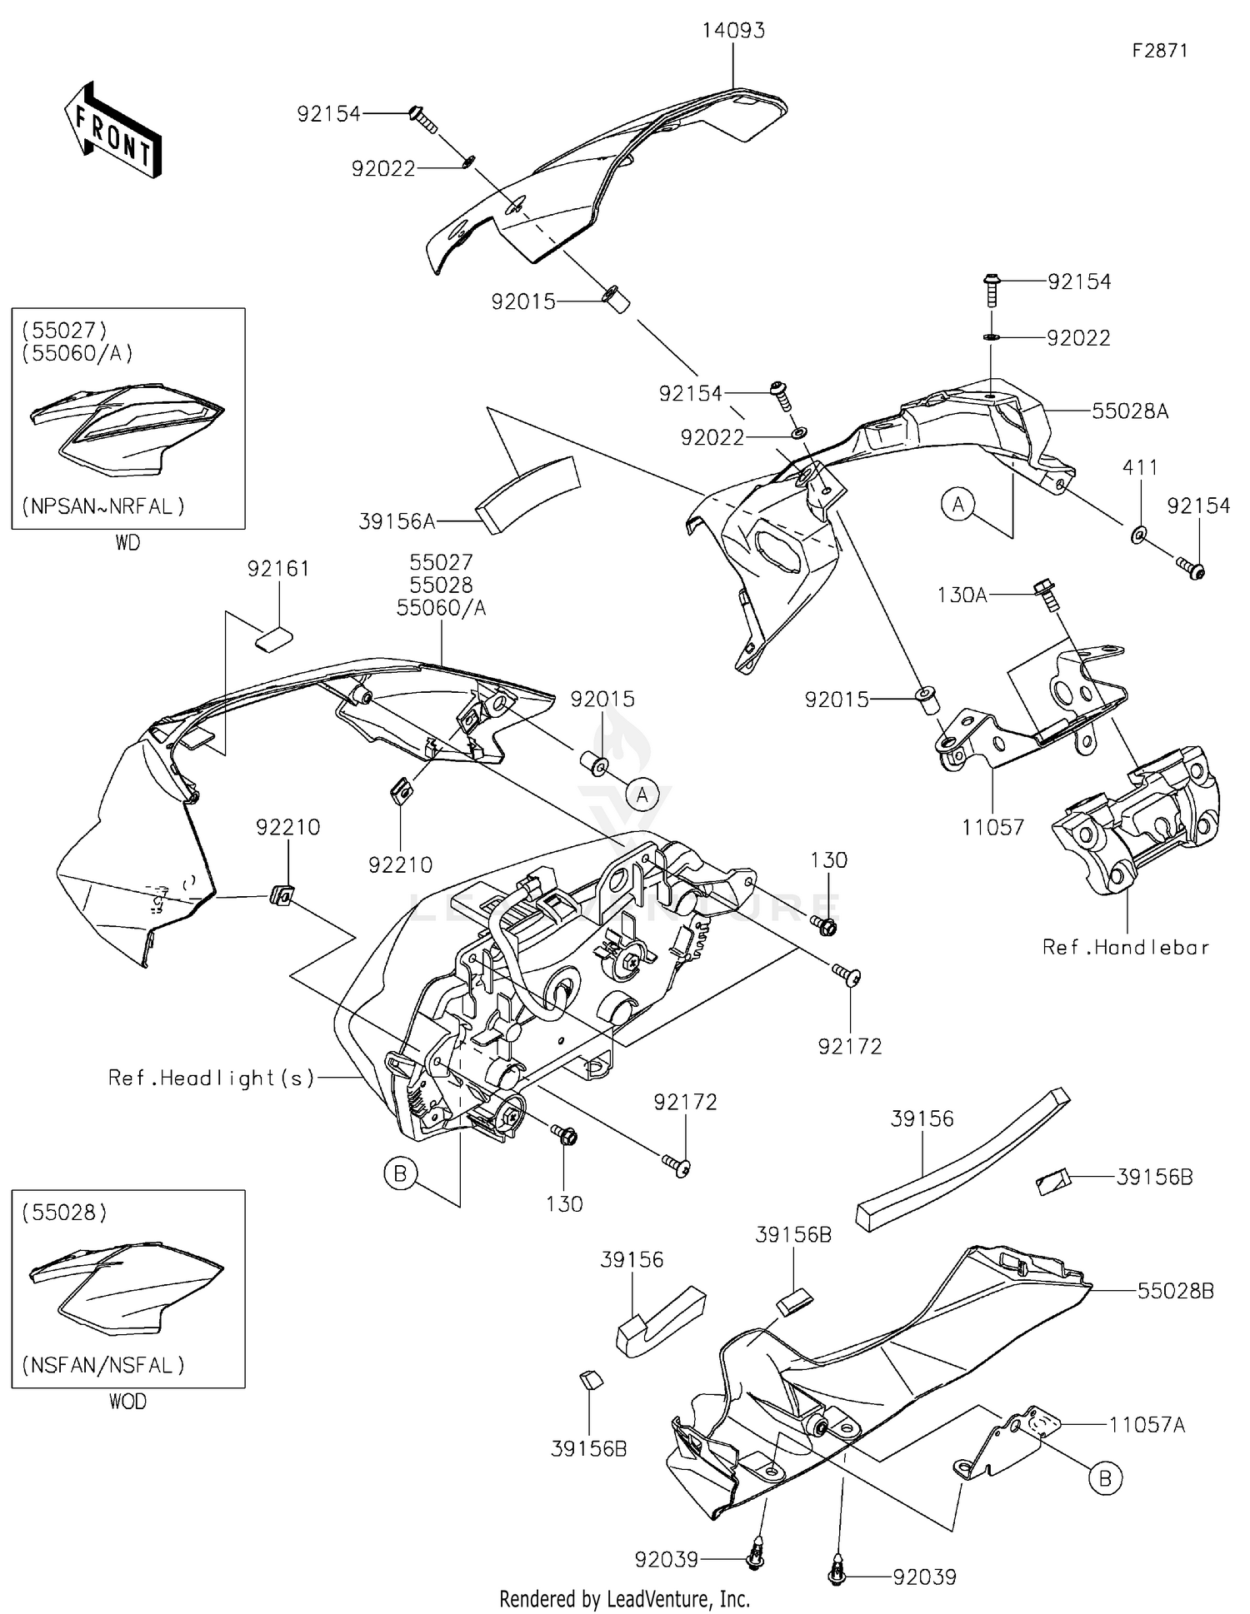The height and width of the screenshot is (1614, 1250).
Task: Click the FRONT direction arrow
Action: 112,132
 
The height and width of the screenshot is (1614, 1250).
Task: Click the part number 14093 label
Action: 732,31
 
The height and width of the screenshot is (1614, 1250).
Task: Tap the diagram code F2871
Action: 1159,51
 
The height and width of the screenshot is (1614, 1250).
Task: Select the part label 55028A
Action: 1129,411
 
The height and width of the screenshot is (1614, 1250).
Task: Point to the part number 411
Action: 1139,468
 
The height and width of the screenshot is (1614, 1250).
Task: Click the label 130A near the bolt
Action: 962,595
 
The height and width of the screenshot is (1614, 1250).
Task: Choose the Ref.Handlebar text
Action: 1125,947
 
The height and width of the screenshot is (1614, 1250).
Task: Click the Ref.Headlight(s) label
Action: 212,1078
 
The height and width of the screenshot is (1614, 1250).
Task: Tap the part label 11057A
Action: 1146,1425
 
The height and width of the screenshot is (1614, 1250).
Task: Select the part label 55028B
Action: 1175,1291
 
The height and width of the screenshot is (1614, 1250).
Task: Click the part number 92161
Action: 278,569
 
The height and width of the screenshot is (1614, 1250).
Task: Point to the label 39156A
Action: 397,521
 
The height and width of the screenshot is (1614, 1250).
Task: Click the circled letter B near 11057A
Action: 1105,1478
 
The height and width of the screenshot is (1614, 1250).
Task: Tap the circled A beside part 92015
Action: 642,795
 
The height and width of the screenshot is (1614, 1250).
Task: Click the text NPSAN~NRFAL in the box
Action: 103,506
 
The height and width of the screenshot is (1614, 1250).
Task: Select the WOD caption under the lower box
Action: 127,1402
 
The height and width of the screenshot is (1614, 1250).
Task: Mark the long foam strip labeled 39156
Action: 962,1158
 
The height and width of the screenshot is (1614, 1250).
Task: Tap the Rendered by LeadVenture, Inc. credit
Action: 624,1598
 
